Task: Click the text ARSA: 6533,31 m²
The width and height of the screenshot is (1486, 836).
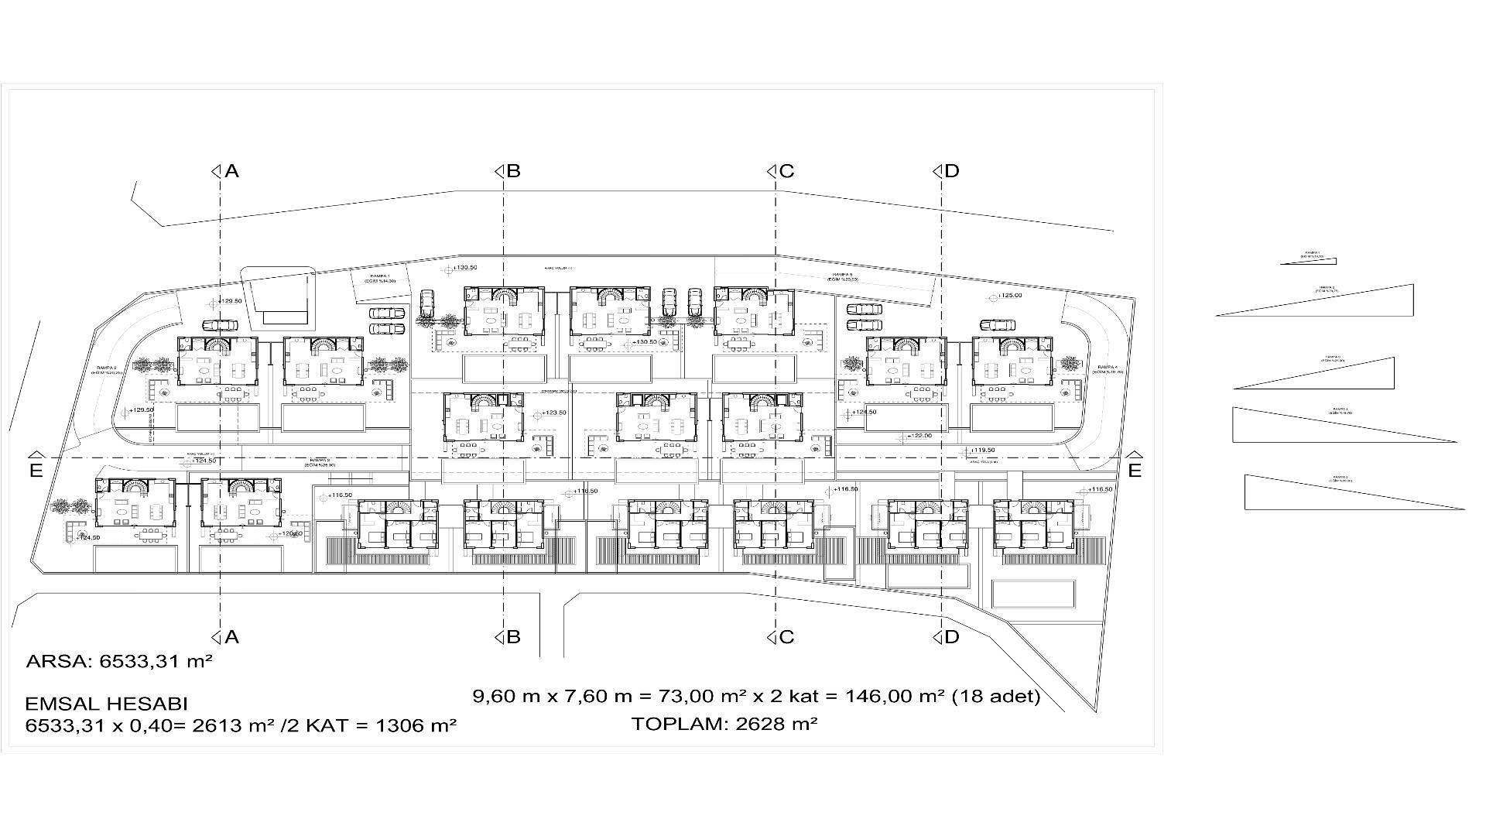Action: click(119, 662)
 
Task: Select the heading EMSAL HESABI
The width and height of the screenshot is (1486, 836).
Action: click(107, 704)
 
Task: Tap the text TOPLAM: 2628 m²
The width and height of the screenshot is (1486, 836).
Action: click(725, 725)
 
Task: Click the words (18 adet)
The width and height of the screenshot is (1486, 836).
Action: click(995, 697)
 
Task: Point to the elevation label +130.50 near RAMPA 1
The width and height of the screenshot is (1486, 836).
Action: click(466, 268)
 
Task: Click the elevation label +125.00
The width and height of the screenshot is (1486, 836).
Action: click(1009, 296)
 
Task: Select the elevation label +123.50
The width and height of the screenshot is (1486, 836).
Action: click(553, 413)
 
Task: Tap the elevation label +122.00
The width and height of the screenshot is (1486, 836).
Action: click(919, 436)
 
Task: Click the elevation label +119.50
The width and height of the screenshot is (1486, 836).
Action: click(983, 450)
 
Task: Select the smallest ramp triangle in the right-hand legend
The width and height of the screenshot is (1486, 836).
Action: click(1310, 260)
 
